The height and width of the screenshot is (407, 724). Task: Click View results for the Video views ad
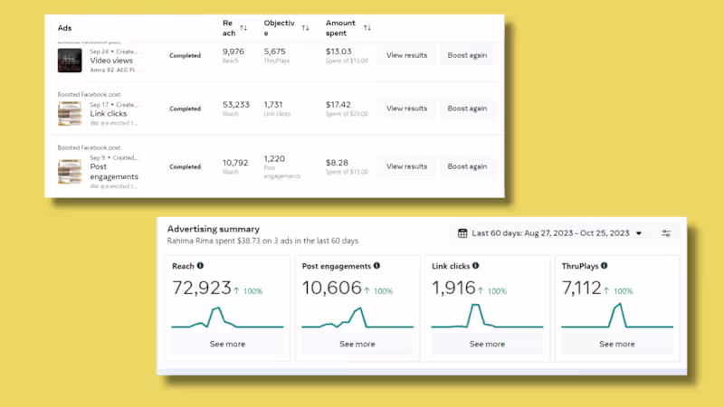[x=406, y=55]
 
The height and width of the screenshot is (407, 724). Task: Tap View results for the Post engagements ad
[x=406, y=166]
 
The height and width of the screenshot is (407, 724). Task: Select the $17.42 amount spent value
[x=338, y=104]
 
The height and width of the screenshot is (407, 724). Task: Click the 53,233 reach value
[x=236, y=104]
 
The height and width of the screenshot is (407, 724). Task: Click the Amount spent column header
[x=341, y=27]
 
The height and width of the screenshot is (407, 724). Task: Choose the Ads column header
[x=64, y=28]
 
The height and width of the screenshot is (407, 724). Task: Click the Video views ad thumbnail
[x=70, y=60]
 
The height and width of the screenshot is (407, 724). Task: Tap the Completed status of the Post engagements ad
[x=186, y=166]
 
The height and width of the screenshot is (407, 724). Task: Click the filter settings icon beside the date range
[x=666, y=233]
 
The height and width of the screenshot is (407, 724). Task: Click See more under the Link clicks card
[x=487, y=344]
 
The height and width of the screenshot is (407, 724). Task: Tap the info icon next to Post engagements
[x=376, y=266]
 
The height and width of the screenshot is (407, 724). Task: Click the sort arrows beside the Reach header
[x=243, y=28]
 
